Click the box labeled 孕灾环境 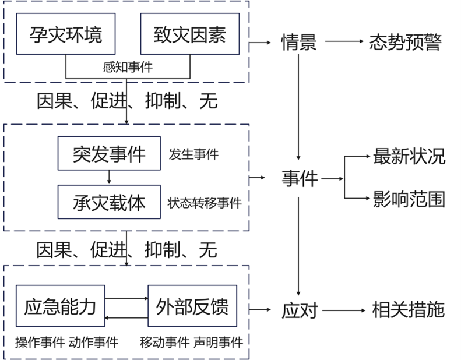[x=65, y=34]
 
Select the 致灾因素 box [x=191, y=34]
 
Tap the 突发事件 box [x=109, y=154]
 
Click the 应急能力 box [x=60, y=305]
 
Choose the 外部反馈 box [x=192, y=305]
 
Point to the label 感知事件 [x=128, y=68]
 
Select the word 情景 [x=299, y=43]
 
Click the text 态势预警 [x=405, y=43]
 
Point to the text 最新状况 [x=409, y=156]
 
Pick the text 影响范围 [x=409, y=200]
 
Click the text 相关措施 [x=408, y=309]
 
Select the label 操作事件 [x=39, y=342]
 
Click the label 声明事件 [x=218, y=342]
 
